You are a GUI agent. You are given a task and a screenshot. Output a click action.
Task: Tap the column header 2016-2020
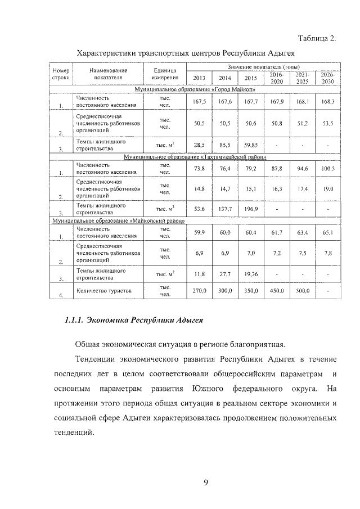(276, 78)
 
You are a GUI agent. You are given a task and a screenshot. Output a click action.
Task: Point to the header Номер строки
(60, 74)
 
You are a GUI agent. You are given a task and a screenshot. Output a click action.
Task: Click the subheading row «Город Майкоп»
(195, 89)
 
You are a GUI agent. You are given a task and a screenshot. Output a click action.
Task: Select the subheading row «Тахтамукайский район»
(195, 157)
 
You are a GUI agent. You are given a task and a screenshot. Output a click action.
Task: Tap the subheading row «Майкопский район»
(119, 222)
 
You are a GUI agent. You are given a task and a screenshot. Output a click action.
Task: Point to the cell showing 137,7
(224, 209)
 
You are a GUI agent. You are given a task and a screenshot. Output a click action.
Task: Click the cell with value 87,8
(276, 169)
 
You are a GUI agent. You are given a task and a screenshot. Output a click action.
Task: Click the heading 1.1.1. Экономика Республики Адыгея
(134, 321)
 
